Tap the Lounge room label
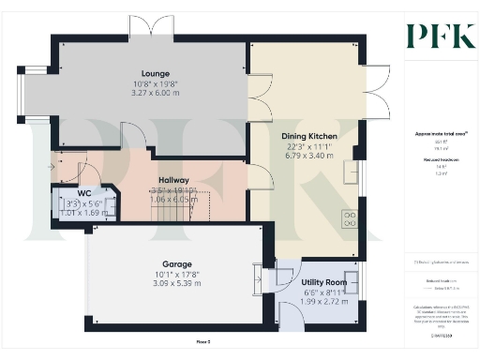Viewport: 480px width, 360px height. (x=155, y=72)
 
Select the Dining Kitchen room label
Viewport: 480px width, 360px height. (x=309, y=137)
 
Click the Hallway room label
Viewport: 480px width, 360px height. (x=173, y=179)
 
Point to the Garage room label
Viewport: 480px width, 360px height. (x=176, y=263)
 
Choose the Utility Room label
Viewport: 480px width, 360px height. (x=324, y=281)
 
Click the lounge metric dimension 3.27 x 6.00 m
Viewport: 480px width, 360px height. (x=155, y=94)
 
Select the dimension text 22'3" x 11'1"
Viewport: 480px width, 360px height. (x=309, y=148)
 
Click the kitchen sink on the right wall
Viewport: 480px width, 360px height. (x=352, y=173)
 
